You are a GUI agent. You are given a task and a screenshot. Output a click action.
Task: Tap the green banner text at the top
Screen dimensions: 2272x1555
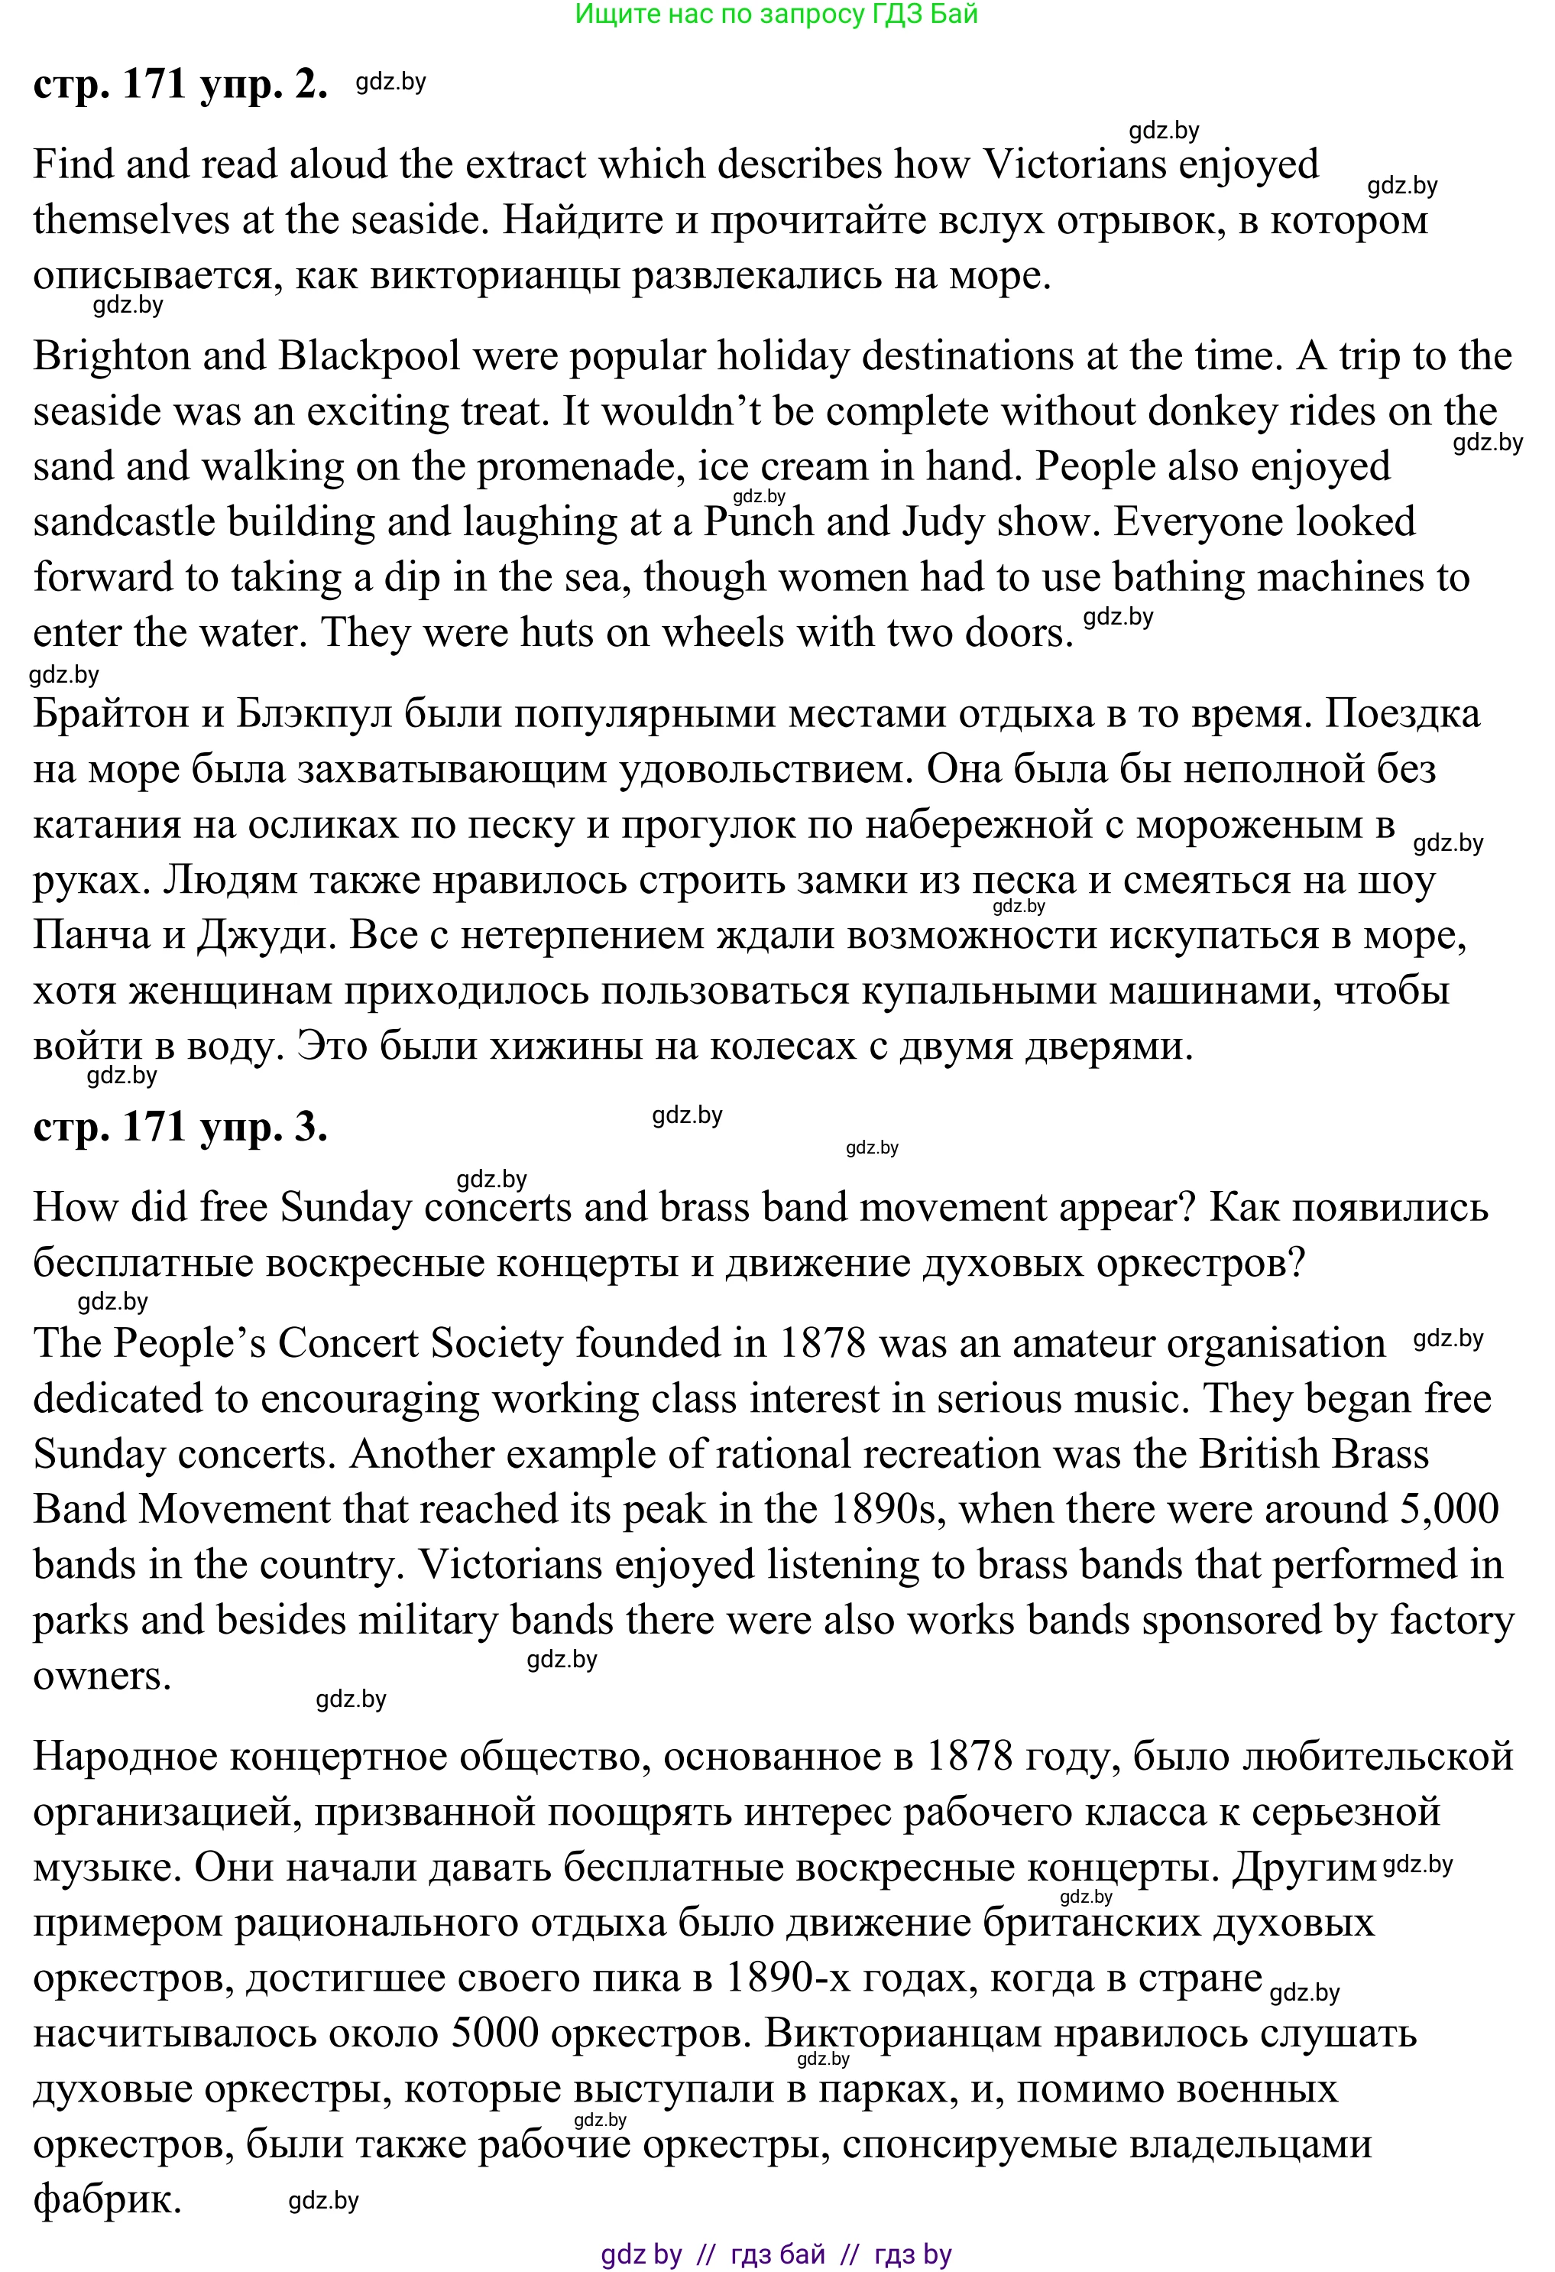(x=776, y=15)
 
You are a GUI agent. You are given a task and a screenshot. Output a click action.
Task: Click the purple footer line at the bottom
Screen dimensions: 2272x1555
(x=776, y=2254)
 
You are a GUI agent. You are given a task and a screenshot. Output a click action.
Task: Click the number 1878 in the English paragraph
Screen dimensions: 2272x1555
(x=822, y=1343)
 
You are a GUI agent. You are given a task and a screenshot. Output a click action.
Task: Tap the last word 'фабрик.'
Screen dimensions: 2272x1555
(x=108, y=2199)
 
